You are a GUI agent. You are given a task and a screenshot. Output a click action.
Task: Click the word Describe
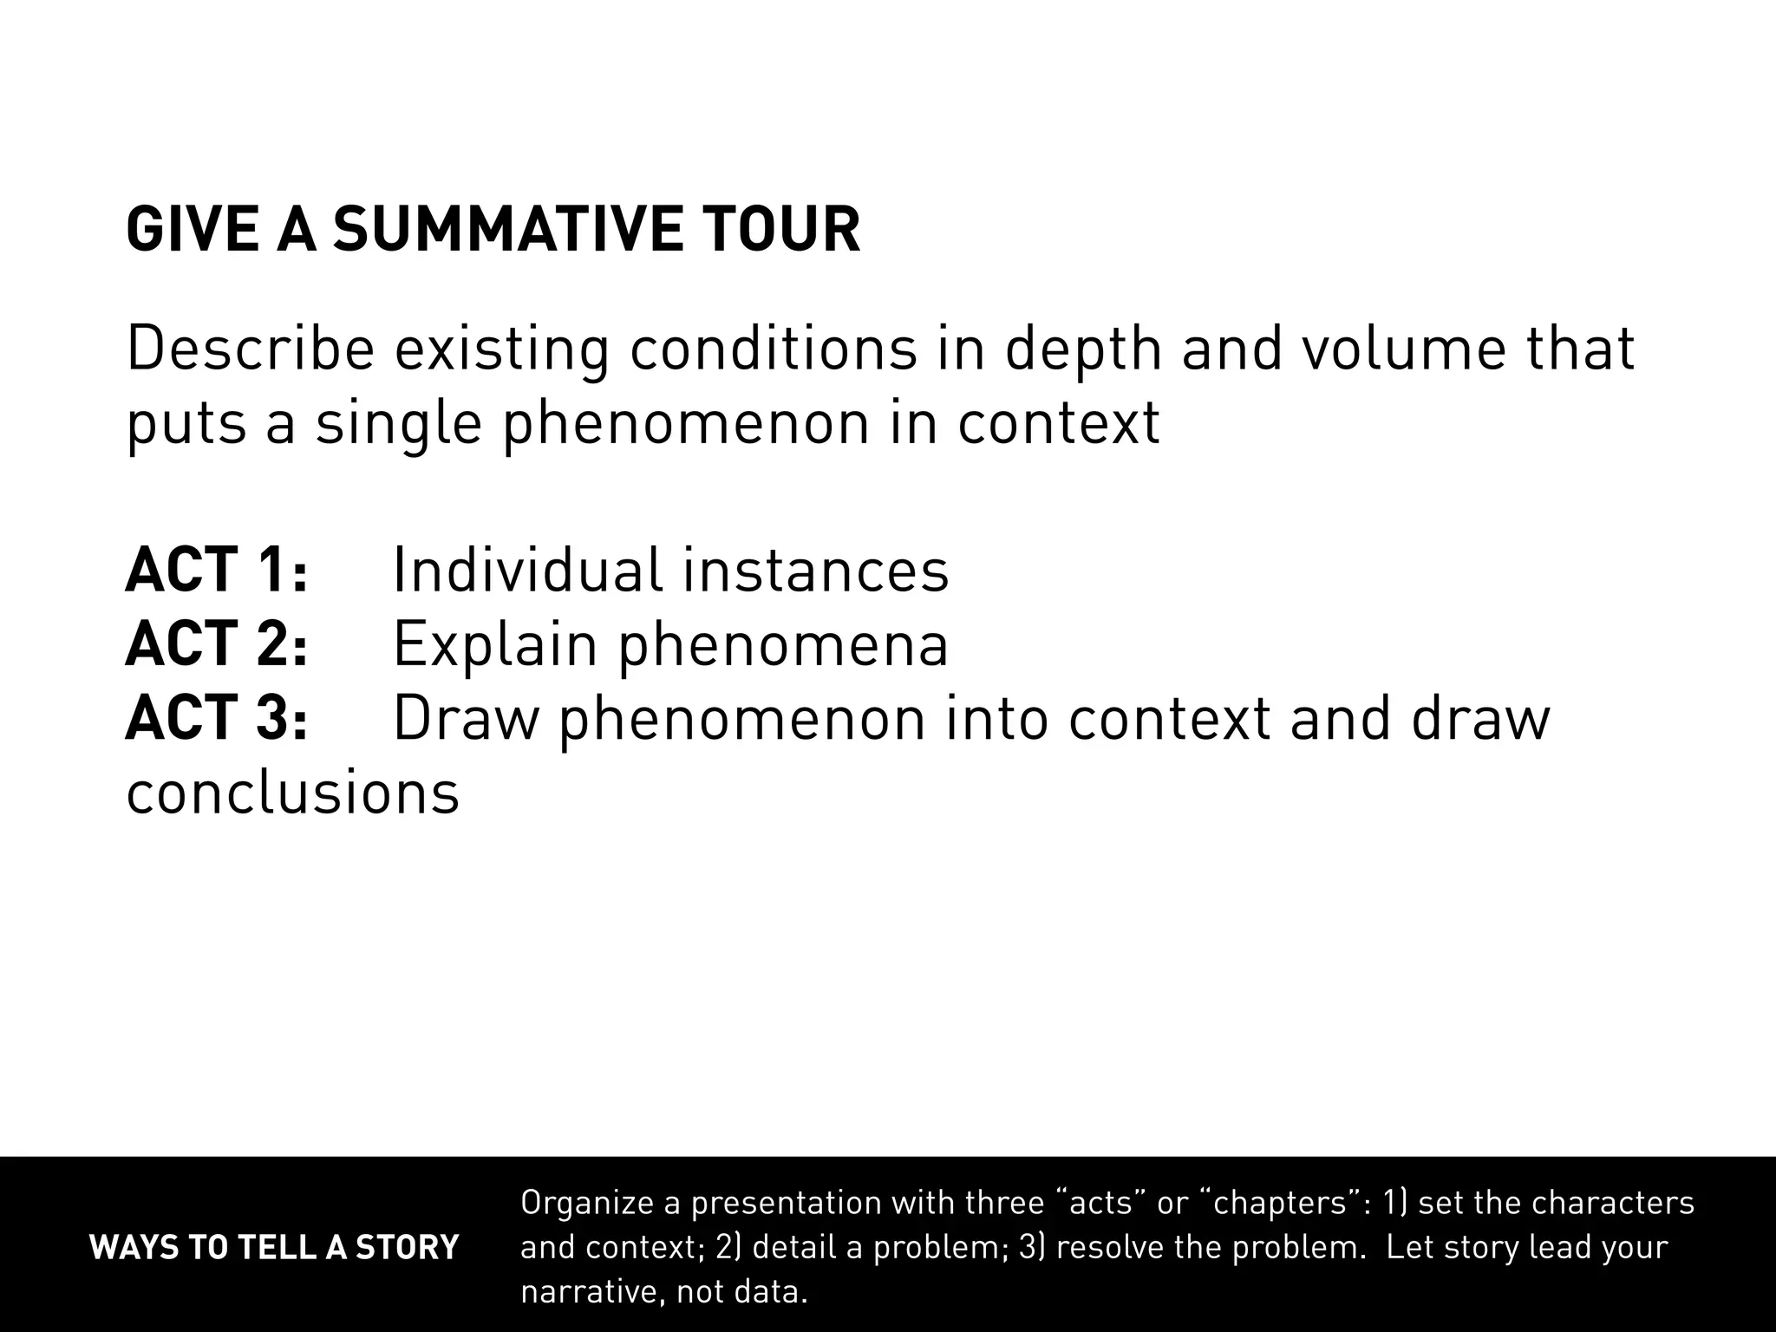[x=251, y=349]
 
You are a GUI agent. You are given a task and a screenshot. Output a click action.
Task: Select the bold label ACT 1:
[x=217, y=571]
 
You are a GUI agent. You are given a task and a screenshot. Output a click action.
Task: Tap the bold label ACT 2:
[x=217, y=645]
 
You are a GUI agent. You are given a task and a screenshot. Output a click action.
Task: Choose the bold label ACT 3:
[x=217, y=719]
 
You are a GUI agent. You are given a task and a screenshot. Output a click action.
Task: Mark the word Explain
[x=495, y=645]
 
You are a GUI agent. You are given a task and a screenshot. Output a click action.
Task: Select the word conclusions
[x=293, y=793]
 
